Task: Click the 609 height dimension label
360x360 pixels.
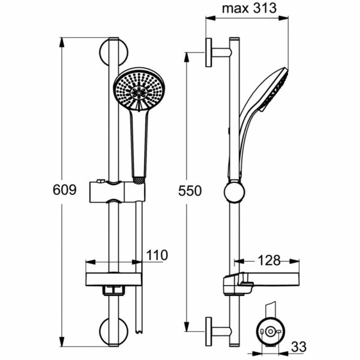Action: (65, 190)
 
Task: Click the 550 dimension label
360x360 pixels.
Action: (190, 191)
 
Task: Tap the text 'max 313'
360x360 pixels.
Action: (249, 8)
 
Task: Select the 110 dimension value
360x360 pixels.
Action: (157, 255)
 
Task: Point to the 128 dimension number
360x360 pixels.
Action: (269, 260)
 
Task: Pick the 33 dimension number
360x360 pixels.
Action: (299, 347)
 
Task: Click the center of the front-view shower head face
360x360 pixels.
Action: (139, 92)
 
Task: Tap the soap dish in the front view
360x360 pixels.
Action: (113, 279)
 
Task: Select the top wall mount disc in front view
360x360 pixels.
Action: (113, 52)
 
